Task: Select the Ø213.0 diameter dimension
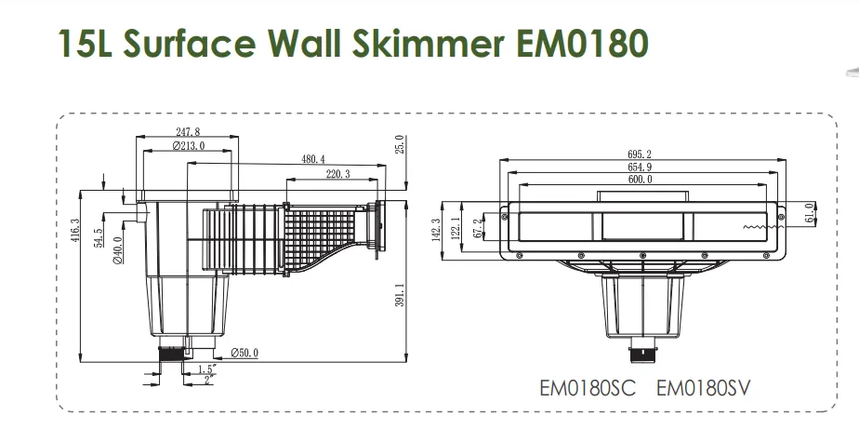click(x=188, y=147)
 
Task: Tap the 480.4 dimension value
click(x=314, y=159)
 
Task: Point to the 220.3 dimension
click(x=337, y=174)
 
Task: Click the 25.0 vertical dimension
click(x=400, y=146)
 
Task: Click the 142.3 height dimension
click(x=436, y=229)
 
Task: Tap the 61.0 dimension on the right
click(x=810, y=214)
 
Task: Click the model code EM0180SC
click(x=588, y=388)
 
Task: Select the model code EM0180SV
click(x=703, y=388)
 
